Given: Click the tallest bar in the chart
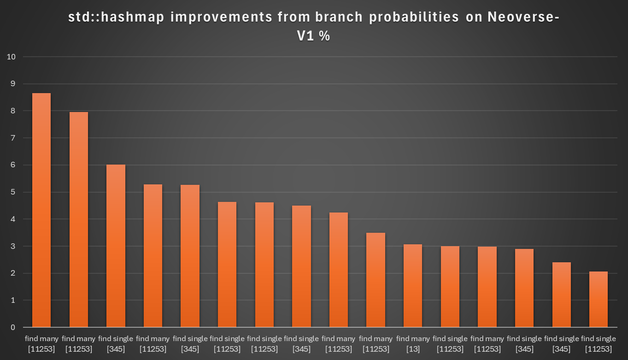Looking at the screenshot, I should [41, 210].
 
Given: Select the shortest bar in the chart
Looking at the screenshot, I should [598, 300].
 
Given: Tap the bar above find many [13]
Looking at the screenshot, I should [412, 286].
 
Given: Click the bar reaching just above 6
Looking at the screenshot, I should [116, 246].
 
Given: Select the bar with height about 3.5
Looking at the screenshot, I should [376, 280].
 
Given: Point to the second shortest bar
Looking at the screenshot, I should [561, 295].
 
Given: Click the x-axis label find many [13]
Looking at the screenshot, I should [413, 344].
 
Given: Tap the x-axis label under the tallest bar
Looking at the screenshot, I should [41, 344].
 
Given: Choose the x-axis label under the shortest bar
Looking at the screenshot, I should [599, 344].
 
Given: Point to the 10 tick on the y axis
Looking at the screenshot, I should [12, 57].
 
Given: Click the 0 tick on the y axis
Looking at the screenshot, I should [13, 327].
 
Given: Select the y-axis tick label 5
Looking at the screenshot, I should [13, 192].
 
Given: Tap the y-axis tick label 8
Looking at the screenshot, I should [13, 111].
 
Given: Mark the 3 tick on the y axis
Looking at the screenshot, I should [13, 246].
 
